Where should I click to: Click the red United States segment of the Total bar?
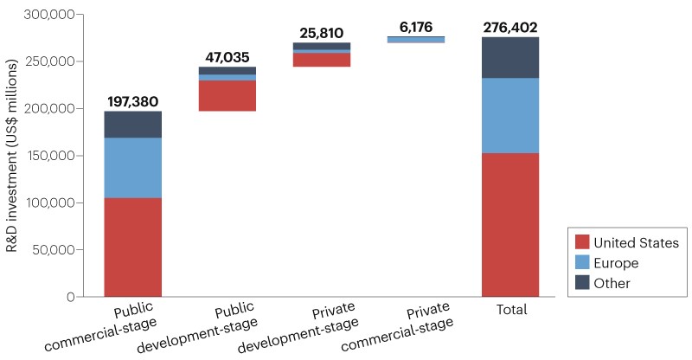(x=510, y=225)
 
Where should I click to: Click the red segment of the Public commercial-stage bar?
(x=132, y=247)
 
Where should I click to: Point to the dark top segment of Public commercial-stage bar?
(x=132, y=125)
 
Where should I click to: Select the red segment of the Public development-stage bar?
(x=227, y=96)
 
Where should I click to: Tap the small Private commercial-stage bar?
(x=416, y=39)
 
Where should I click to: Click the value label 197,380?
(x=132, y=102)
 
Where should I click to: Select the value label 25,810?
(x=322, y=34)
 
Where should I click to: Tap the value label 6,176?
(x=416, y=27)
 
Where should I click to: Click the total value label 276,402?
(x=510, y=28)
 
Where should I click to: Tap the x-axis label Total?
(x=510, y=309)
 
